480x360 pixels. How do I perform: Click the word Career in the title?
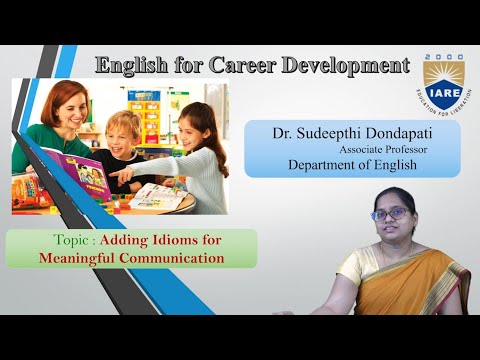(244, 66)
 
